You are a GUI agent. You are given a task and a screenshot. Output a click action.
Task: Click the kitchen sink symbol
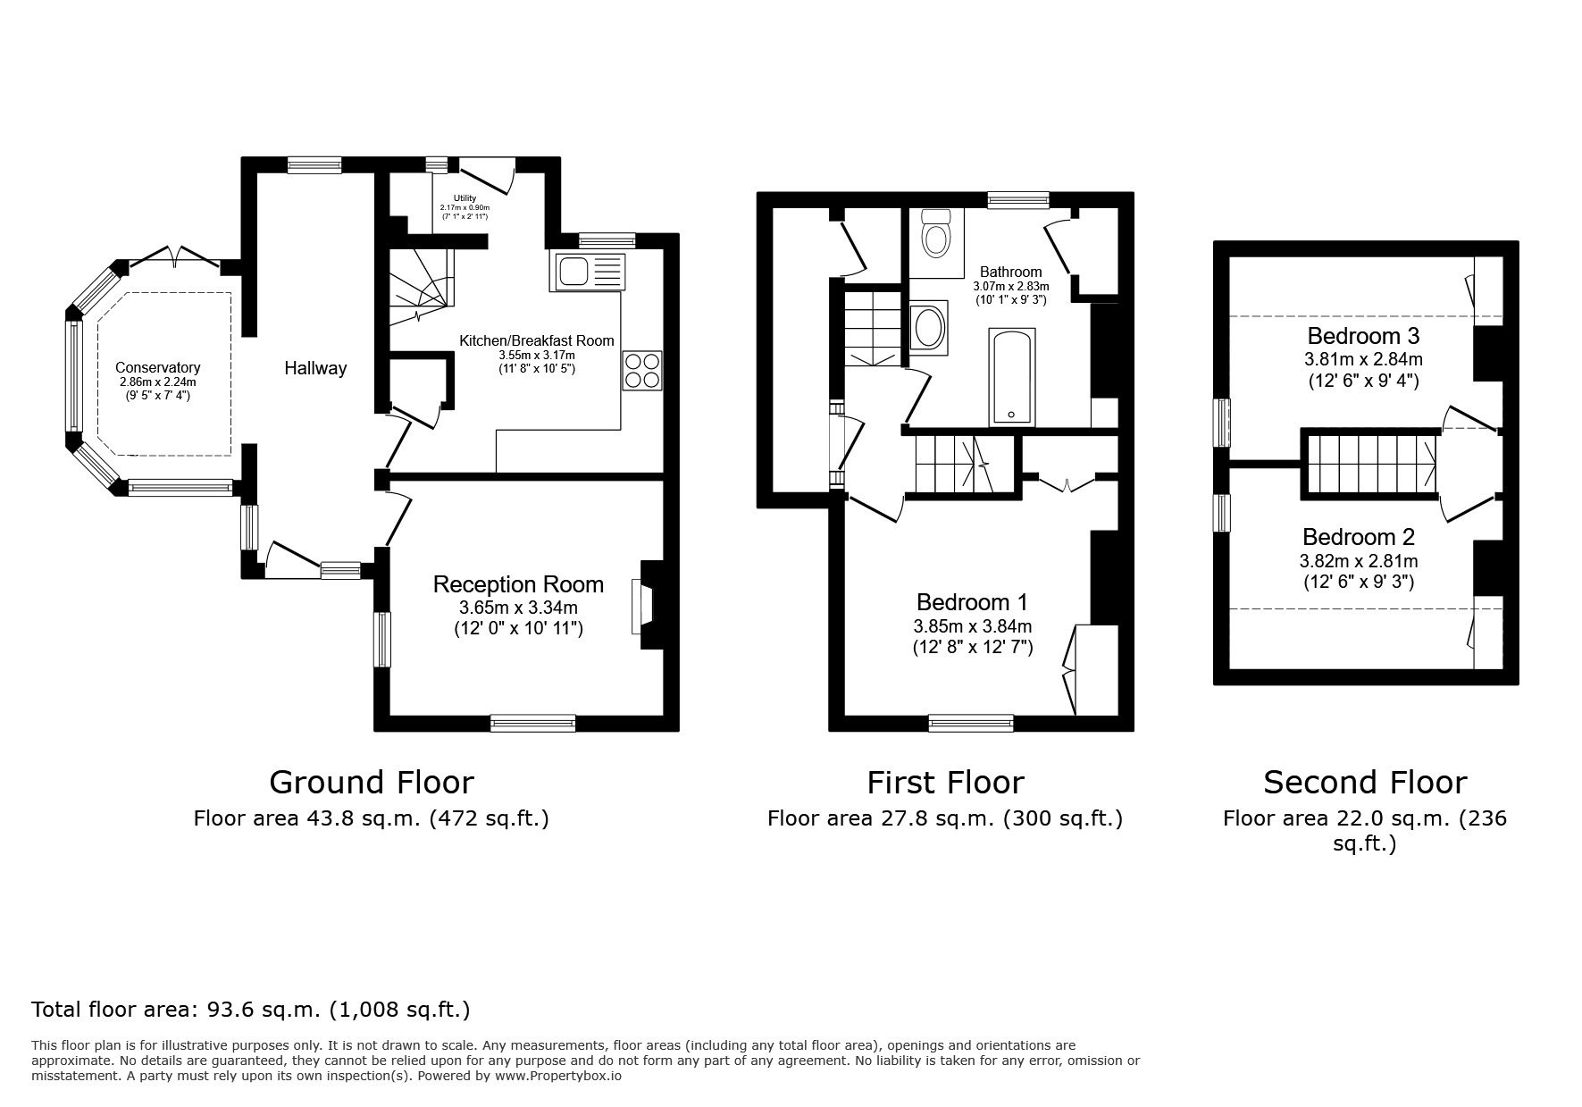coord(589,271)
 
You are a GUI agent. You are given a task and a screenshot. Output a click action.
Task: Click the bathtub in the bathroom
coord(1012,377)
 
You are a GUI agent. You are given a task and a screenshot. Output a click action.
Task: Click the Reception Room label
coord(518,584)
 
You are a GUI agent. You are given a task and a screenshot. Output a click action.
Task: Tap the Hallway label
coord(315,368)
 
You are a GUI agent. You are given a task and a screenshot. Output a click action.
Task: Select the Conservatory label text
coord(157,367)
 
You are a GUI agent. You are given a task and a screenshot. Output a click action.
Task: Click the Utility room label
coord(465,198)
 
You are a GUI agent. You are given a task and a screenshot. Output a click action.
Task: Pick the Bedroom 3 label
coord(1363,336)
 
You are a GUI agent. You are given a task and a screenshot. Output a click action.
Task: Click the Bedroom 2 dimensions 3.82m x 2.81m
coord(1358,562)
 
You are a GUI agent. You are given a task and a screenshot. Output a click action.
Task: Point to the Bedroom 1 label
coord(972,601)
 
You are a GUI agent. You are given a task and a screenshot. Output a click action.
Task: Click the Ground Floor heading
coord(371,783)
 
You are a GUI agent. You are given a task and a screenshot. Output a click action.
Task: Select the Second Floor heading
coord(1364,783)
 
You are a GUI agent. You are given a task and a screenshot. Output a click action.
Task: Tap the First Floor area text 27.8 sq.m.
coord(944,818)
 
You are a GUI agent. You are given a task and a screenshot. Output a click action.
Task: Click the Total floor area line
coord(250,1010)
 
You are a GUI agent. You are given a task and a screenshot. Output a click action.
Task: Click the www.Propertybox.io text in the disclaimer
coord(557,1077)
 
